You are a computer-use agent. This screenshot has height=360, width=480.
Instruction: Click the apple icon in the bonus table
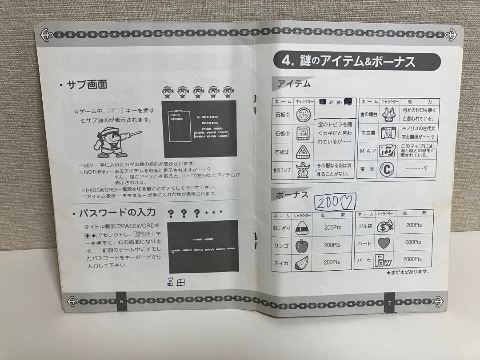tap(301, 245)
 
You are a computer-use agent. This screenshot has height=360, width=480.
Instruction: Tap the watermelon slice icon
tap(301, 262)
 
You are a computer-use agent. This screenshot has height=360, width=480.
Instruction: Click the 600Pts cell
tap(413, 242)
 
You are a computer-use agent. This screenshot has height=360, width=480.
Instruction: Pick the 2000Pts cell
tap(413, 259)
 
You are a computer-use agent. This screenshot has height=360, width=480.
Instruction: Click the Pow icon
tap(383, 260)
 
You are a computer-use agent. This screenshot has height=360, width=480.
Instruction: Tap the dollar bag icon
tap(384, 226)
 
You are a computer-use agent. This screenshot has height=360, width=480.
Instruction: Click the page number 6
tap(121, 302)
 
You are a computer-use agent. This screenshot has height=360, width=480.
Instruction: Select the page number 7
tap(389, 303)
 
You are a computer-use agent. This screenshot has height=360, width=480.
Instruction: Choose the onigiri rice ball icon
tap(301, 228)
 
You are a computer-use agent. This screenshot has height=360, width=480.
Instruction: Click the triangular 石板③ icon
tap(303, 152)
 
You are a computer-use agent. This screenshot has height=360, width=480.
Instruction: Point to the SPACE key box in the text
tap(144, 234)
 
